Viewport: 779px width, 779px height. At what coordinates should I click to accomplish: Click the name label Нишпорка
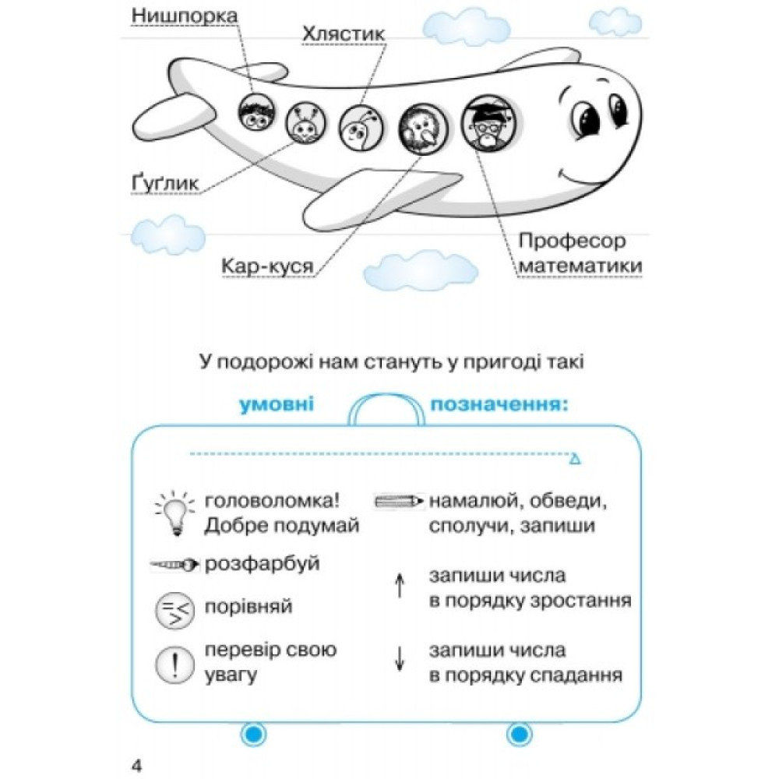185,16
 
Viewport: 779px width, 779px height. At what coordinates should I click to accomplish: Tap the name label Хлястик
344,33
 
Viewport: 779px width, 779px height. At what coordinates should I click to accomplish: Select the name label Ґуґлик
165,183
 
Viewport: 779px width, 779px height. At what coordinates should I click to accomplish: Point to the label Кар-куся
267,266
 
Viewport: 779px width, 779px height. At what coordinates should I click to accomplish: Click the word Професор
572,241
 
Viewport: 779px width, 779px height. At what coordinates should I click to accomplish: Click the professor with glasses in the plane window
488,123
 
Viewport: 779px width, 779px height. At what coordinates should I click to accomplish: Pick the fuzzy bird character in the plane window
423,129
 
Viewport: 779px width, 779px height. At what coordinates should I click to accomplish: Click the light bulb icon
174,513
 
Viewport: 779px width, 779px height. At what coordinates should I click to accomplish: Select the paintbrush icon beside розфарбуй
174,564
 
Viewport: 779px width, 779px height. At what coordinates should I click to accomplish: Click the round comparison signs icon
174,611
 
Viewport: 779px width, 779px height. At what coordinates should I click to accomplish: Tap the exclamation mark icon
174,664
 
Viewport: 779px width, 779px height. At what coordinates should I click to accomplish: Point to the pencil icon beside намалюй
399,501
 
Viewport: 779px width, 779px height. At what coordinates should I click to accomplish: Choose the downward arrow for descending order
400,658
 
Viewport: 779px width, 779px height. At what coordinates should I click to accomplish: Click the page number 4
136,766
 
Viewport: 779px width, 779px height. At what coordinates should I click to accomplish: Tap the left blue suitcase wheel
253,733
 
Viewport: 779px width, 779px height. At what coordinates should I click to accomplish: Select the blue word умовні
277,404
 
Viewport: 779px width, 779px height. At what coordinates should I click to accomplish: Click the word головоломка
272,501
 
